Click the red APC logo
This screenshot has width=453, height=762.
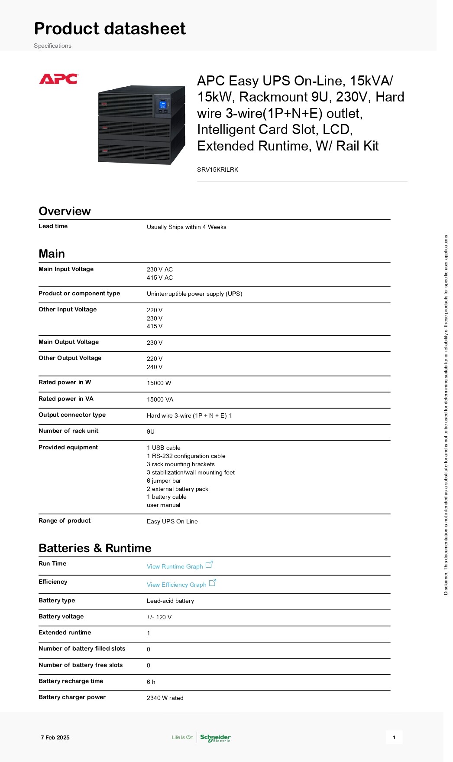(x=58, y=79)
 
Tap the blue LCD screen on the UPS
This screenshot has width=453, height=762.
(x=163, y=105)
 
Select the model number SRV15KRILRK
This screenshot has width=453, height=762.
(x=217, y=170)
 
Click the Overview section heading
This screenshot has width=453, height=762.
(x=65, y=211)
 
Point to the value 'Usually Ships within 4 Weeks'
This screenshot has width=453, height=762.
(x=186, y=227)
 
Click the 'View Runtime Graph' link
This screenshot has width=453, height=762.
(x=175, y=566)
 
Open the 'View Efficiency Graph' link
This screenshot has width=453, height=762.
(x=177, y=585)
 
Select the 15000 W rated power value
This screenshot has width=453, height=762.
(x=159, y=383)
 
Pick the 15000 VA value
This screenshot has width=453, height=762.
(x=160, y=399)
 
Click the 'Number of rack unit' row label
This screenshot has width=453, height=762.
(x=68, y=431)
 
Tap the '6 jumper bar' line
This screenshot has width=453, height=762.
(x=164, y=481)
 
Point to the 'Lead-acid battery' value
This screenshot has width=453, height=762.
(x=170, y=601)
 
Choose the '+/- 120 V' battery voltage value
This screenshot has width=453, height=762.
(x=159, y=617)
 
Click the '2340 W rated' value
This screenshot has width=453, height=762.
(x=165, y=698)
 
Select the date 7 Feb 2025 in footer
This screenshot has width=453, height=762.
(x=55, y=737)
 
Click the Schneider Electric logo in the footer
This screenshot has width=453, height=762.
(x=215, y=738)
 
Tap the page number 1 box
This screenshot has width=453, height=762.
(x=394, y=737)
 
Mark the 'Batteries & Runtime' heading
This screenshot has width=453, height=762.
(x=95, y=548)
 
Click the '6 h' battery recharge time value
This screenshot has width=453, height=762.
(x=151, y=682)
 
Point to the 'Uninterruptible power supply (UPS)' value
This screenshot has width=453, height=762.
(x=194, y=294)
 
